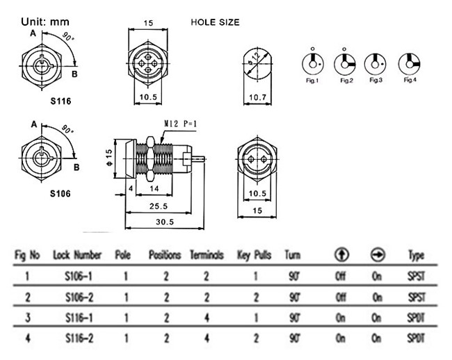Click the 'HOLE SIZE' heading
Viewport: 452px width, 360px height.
[215, 22]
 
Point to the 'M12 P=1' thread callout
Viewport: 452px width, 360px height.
[181, 124]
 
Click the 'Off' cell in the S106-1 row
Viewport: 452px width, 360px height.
[341, 276]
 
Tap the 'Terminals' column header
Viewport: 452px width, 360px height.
[207, 255]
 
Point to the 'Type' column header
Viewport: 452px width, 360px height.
[416, 256]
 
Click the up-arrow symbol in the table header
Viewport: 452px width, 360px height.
[341, 254]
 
